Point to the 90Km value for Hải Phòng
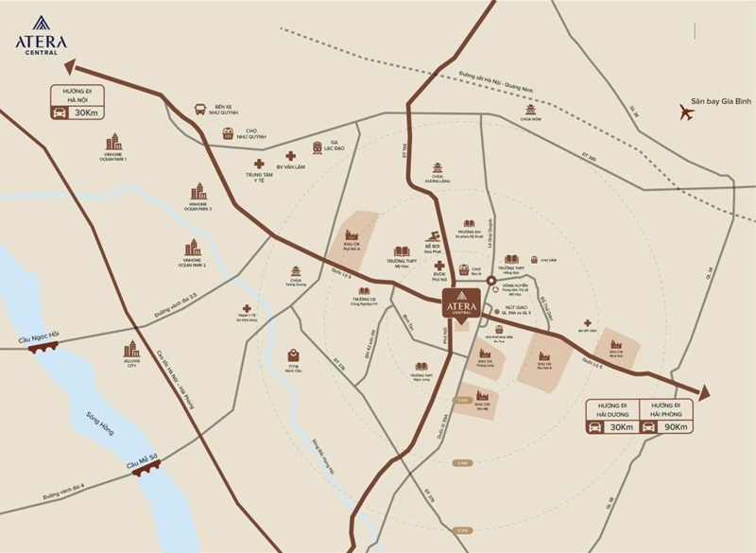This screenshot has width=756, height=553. [x=677, y=426]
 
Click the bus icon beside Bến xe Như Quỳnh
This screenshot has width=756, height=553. [x=200, y=109]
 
